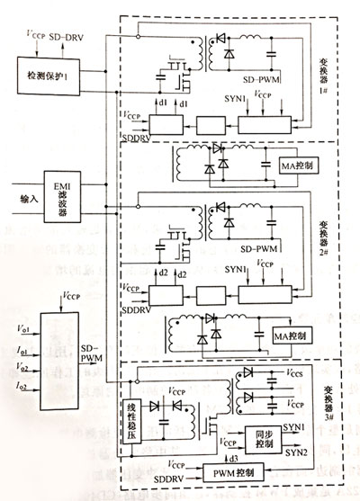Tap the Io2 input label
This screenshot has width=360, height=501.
click(x=20, y=384)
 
